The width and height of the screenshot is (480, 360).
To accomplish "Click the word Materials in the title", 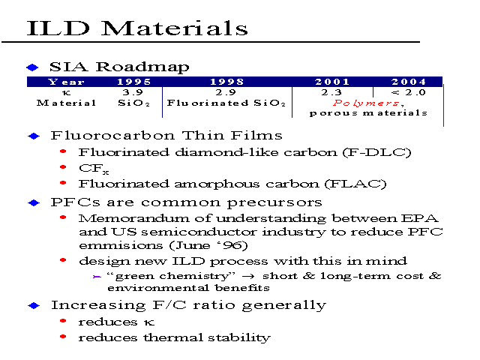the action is point(174,28).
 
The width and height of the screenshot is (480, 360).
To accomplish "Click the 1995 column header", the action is point(134,82).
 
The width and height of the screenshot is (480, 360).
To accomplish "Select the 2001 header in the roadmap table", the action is point(332,82).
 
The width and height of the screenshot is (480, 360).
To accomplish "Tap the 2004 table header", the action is point(409,82).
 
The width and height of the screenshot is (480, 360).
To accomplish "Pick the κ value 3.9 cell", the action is point(133,92).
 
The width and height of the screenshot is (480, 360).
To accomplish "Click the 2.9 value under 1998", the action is point(226,92).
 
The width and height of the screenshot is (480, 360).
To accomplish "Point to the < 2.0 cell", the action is point(409,92).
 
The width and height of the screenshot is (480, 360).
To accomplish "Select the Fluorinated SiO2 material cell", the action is point(226,103).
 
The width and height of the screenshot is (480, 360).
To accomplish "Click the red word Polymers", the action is point(366,103).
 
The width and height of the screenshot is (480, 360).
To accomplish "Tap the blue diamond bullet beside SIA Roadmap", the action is point(32,67).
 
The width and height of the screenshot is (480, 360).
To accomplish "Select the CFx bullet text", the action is point(94,169).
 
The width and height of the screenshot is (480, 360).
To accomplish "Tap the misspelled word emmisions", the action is point(121,245).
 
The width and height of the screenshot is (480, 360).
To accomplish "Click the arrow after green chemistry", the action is point(248,276).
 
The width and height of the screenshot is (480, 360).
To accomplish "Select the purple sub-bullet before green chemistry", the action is point(97,277).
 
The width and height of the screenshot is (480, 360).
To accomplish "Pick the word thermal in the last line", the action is point(172,337).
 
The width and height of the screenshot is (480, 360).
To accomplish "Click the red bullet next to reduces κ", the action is point(63,320).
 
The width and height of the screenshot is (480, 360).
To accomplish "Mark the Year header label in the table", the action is point(66,82).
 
